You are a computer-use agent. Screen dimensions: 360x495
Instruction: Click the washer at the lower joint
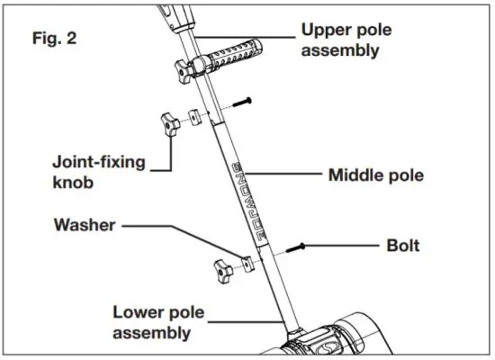point(246,262)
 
